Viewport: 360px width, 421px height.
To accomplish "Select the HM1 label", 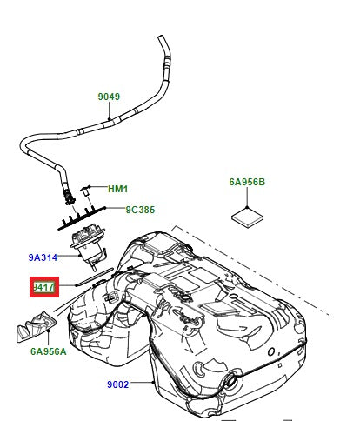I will coord(117,189).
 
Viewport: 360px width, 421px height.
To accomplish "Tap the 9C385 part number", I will coord(139,210).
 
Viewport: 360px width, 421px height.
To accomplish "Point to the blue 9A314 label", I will coord(43,257).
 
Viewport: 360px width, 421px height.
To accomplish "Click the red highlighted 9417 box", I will coord(44,286).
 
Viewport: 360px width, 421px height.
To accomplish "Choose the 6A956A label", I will coord(49,352).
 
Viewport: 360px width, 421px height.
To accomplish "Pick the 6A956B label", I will coord(247,183).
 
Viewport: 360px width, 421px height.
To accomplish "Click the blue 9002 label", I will coord(118,384).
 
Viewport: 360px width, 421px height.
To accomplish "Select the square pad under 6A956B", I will coord(248,215).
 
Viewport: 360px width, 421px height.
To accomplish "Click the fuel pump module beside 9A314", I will coord(89,242).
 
